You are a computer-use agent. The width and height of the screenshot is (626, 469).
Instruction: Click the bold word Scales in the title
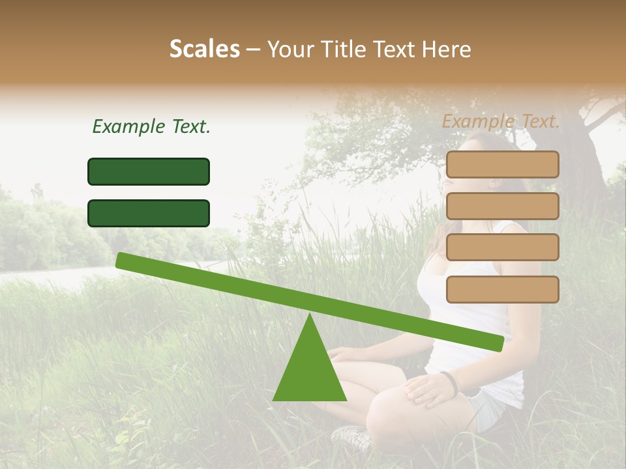tap(204, 49)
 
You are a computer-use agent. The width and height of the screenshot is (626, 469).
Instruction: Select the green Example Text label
tap(151, 126)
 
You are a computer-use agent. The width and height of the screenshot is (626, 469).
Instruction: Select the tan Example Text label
tap(501, 121)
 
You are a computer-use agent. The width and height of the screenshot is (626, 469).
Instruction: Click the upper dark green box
tap(149, 171)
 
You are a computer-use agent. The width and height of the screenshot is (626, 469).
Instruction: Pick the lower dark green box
tap(149, 213)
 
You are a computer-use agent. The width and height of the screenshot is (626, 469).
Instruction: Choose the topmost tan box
tap(502, 164)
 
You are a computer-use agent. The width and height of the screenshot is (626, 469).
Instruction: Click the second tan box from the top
tap(502, 206)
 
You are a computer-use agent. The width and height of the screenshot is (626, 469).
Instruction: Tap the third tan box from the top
tap(502, 247)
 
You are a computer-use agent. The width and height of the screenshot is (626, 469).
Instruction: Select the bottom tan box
tap(502, 289)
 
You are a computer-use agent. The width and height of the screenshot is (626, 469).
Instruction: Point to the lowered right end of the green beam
tap(497, 343)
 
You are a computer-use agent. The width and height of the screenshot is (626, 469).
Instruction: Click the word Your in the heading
tap(291, 50)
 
